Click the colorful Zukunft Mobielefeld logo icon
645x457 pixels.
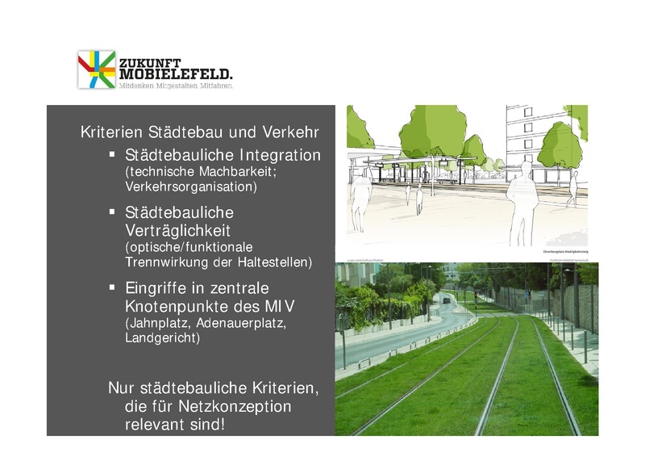pyautogui.click(x=97, y=69)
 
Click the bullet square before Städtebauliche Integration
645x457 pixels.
pyautogui.click(x=113, y=153)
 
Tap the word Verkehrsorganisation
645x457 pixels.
pyautogui.click(x=191, y=187)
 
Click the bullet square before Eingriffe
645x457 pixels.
pyautogui.click(x=113, y=287)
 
